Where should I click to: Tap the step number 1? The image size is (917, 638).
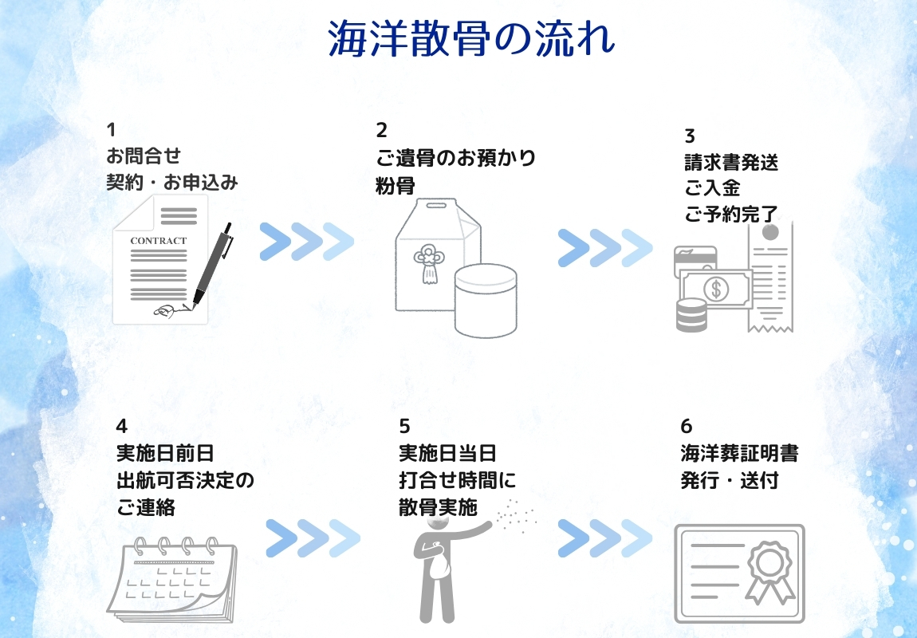coord(112,130)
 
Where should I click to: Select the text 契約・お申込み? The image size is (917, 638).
coord(172,183)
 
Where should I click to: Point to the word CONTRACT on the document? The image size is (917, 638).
coord(158,241)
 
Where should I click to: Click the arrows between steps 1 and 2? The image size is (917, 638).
coord(306,242)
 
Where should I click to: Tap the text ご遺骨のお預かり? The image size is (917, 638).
coord(455,157)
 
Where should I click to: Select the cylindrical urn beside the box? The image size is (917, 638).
coord(485,300)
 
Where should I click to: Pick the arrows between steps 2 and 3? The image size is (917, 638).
coord(604,248)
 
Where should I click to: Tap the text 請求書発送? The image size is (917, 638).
coord(730,163)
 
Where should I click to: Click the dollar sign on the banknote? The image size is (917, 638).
coord(715,289)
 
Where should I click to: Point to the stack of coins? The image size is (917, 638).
coord(691,315)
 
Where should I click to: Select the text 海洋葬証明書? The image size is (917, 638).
coord(739,454)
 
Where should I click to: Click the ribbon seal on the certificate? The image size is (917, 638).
coord(770,569)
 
